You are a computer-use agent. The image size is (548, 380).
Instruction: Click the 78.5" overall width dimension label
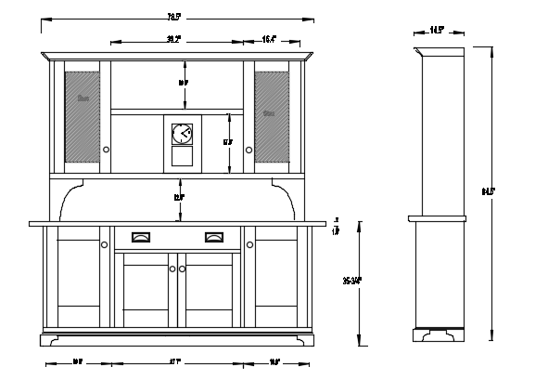[173, 17]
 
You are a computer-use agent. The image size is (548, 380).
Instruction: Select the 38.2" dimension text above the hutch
[173, 40]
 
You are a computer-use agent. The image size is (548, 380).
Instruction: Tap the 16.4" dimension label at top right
[269, 40]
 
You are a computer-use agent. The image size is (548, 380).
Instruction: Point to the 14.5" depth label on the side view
[436, 30]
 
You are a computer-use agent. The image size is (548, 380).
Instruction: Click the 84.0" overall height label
[488, 191]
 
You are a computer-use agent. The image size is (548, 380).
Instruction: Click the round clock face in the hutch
[182, 134]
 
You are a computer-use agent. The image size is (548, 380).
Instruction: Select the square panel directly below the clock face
[182, 159]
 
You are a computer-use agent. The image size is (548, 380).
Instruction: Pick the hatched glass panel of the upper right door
[271, 112]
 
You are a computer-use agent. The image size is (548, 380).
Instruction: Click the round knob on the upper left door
[107, 150]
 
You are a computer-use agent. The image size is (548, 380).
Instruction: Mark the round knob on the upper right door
[249, 150]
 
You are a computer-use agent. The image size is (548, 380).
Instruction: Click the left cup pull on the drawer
[142, 237]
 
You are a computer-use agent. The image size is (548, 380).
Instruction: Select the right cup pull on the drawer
[214, 237]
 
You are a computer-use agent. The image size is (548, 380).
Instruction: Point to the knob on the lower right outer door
[249, 245]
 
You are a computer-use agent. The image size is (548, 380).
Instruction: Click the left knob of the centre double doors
[172, 269]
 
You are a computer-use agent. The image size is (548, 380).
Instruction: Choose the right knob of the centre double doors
[183, 269]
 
